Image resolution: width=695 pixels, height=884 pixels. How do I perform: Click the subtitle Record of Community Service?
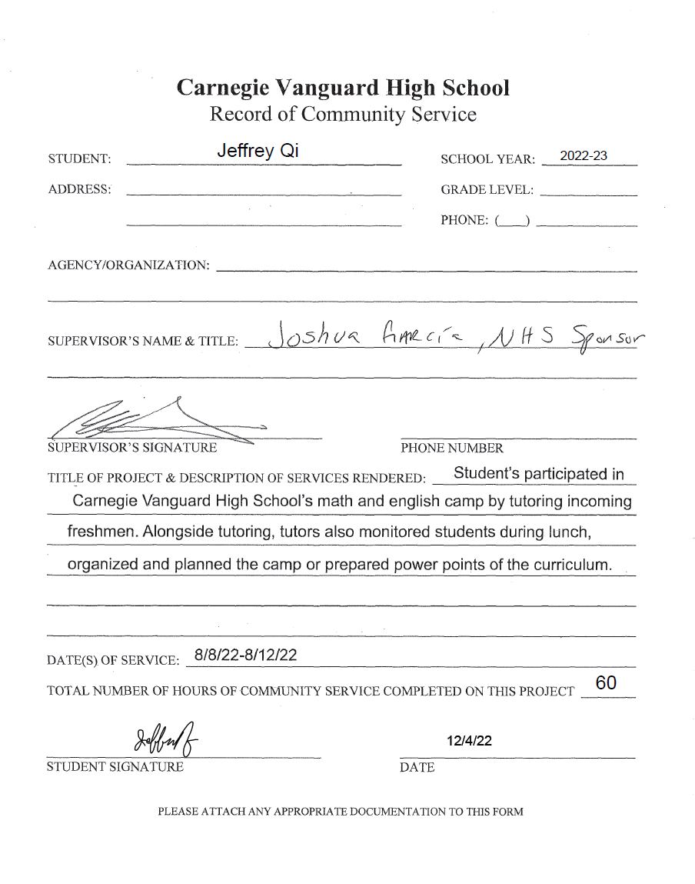tap(343, 115)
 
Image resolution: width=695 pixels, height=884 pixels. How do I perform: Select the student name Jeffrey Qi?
tap(258, 152)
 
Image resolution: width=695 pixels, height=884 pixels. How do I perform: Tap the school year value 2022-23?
tap(584, 156)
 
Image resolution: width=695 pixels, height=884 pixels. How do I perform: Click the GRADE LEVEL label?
tap(487, 190)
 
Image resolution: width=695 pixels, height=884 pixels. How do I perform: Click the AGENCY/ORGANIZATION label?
tap(128, 265)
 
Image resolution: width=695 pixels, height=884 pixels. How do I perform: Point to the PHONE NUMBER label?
tap(452, 449)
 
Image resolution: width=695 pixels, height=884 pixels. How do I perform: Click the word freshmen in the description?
tap(102, 532)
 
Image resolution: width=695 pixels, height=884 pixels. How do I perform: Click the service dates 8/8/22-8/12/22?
tap(246, 655)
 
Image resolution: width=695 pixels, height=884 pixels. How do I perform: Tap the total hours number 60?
tap(606, 683)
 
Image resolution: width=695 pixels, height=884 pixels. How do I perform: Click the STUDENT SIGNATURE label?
tap(115, 767)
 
